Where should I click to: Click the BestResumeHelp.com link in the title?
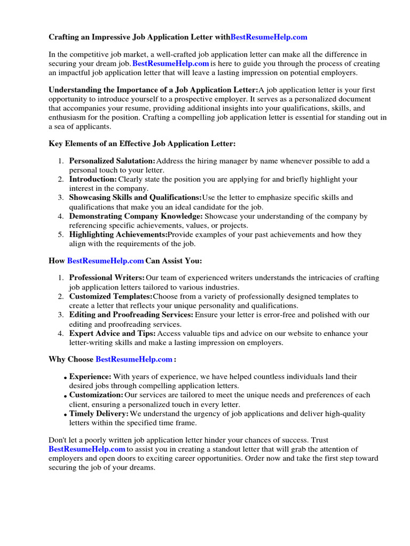269,37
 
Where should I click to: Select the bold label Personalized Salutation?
112,160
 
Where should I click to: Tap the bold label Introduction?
93,179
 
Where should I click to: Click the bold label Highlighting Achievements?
118,235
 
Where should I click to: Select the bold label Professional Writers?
107,278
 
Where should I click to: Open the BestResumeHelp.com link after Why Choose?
134,359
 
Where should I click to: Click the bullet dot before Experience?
66,378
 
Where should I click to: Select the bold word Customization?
96,395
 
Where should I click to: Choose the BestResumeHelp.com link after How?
105,261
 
